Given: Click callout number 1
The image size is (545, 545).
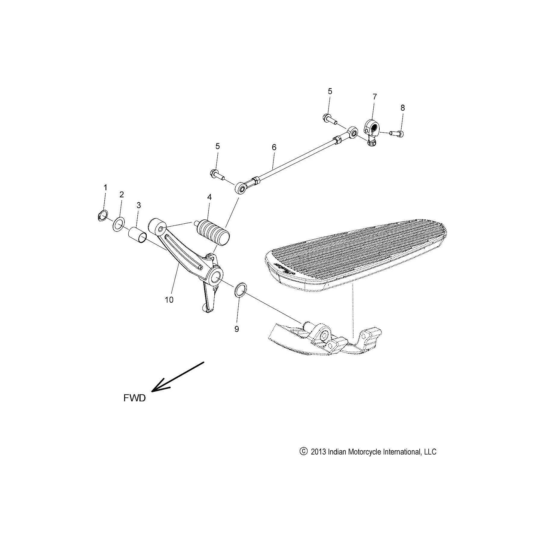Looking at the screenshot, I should click(105, 188).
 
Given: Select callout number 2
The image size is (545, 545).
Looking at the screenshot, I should click(121, 194).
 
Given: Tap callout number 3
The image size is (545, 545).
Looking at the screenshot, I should click(139, 205).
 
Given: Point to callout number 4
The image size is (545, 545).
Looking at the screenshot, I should click(209, 197).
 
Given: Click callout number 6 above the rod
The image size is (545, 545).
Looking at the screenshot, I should click(274, 147).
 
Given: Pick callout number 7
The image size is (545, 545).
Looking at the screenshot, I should click(375, 97).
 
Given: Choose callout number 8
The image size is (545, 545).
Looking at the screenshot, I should click(403, 108).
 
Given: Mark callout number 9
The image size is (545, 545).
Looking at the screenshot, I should click(237, 329).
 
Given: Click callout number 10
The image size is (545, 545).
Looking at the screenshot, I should click(169, 300).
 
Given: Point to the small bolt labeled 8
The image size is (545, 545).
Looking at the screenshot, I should click(397, 133).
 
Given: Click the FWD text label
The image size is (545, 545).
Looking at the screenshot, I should click(134, 398).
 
